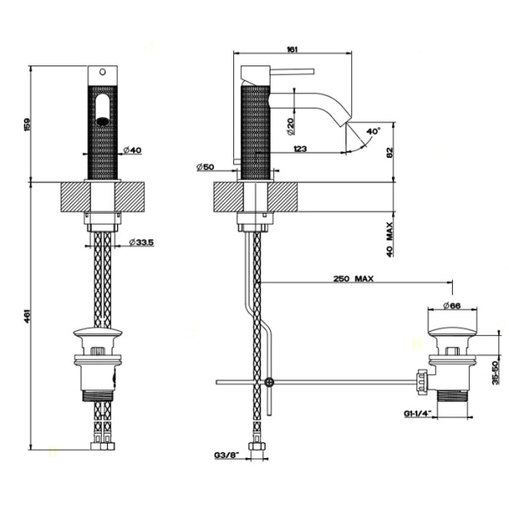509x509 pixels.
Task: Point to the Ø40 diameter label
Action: coord(132,151)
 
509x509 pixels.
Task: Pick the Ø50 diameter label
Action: coord(204,167)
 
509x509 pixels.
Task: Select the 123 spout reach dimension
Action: coord(298,149)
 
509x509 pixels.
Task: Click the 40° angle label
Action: coord(373,131)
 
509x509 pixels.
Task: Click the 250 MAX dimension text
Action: coord(354,278)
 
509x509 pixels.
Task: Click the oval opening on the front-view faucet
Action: coord(103,110)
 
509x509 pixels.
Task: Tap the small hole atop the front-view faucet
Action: coord(103,71)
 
